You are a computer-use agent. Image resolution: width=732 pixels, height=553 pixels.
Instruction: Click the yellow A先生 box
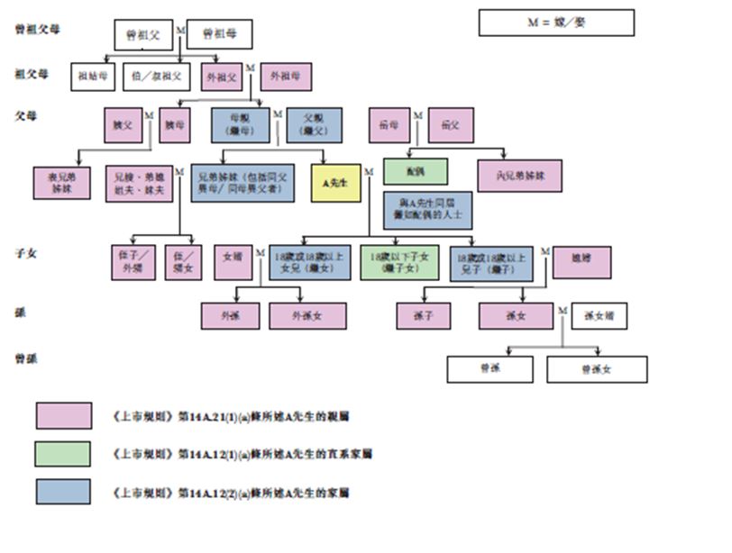click(335, 183)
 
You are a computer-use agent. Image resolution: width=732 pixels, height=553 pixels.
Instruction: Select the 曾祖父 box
click(143, 34)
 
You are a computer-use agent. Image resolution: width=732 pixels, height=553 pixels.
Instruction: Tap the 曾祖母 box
click(218, 34)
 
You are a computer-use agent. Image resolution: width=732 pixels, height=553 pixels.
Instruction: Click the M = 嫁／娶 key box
click(556, 23)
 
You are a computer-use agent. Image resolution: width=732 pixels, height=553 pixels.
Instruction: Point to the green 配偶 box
click(416, 170)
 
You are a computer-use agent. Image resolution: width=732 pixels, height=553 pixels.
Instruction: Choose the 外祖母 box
click(286, 77)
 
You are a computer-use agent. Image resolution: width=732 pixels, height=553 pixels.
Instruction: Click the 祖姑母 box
click(93, 77)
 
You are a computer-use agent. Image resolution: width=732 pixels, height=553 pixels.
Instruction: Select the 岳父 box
click(451, 125)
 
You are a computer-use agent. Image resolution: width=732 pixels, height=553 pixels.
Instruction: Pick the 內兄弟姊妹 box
click(519, 176)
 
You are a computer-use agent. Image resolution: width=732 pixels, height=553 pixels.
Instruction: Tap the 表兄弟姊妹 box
click(62, 183)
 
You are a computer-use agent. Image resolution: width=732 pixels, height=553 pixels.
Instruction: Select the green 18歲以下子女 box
click(399, 262)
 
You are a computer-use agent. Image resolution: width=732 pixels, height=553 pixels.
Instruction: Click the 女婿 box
click(233, 262)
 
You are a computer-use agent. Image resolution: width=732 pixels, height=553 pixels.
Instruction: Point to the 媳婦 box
click(581, 262)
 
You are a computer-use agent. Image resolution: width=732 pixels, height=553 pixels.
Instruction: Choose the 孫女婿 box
click(599, 315)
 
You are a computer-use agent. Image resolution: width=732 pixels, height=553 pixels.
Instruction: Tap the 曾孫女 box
click(597, 369)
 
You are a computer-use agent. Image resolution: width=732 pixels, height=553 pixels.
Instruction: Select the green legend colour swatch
click(63, 453)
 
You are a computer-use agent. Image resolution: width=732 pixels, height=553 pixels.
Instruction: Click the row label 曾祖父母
click(38, 29)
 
